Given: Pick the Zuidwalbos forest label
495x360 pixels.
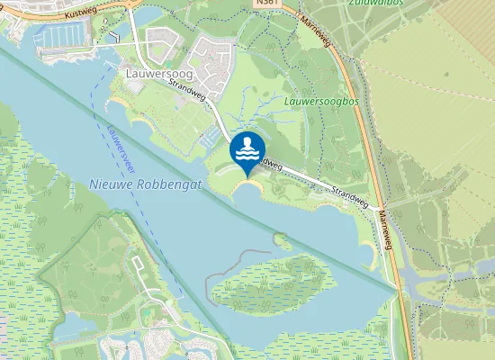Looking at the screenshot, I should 373,4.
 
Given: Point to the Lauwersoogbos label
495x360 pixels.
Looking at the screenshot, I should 322,102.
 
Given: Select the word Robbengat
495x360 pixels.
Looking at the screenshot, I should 172,184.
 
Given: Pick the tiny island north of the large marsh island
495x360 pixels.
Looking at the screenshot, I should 283,241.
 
